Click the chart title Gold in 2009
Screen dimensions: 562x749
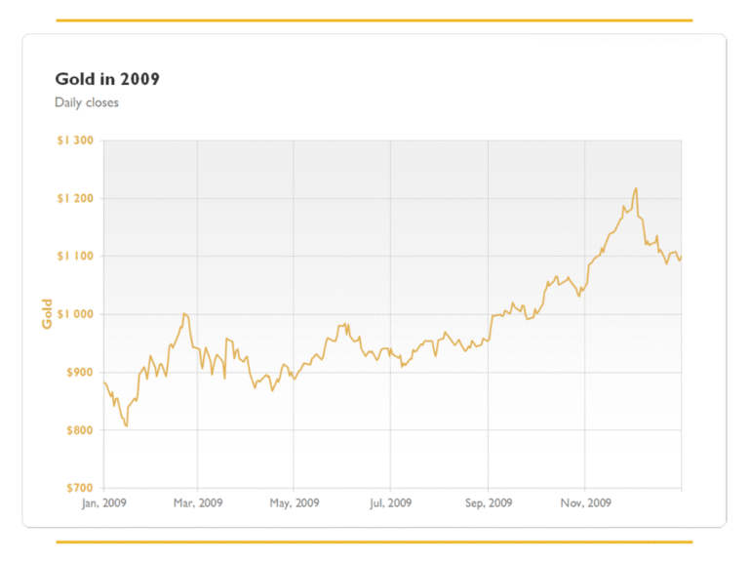click(x=107, y=79)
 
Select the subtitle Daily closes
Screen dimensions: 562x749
click(x=87, y=102)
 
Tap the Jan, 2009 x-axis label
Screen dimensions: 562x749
click(x=103, y=503)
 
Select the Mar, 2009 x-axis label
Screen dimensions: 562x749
click(x=198, y=503)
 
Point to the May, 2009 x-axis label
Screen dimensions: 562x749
click(x=295, y=503)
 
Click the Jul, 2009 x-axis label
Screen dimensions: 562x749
click(x=390, y=503)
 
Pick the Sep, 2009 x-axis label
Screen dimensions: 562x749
click(x=488, y=503)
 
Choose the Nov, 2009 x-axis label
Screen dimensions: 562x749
click(x=585, y=503)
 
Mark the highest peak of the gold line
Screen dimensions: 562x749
click(x=636, y=188)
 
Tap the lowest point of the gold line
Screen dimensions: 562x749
click(x=127, y=426)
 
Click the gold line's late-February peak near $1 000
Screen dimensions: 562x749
click(x=184, y=314)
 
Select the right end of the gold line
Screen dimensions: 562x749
click(x=681, y=257)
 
